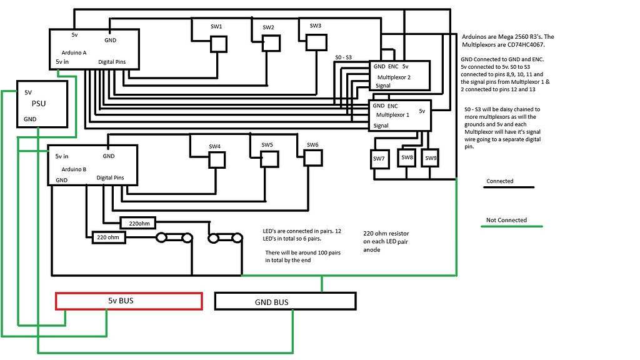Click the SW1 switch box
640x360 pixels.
(218, 44)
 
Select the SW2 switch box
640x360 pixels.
(271, 43)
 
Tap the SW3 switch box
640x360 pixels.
(316, 41)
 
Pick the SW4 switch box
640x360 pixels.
(216, 160)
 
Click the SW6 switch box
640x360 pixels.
(313, 157)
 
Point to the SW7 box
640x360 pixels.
(379, 159)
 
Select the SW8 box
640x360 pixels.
(407, 157)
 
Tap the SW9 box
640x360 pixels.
(431, 157)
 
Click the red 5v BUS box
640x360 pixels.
(129, 301)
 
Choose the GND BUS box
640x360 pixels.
(284, 302)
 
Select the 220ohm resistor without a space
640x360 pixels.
(138, 222)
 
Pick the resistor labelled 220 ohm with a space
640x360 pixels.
(106, 237)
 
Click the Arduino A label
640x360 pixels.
(74, 52)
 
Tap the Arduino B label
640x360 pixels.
(74, 169)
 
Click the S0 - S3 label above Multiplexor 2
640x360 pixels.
(344, 57)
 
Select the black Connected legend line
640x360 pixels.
(511, 187)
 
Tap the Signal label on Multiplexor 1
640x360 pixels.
(381, 125)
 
